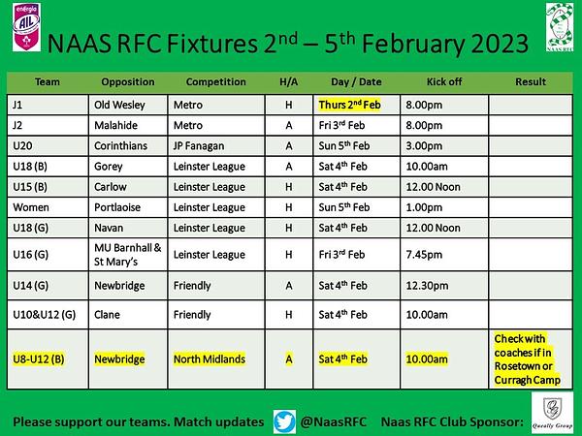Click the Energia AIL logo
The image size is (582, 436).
tap(26, 27)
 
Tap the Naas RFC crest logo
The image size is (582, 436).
tap(560, 27)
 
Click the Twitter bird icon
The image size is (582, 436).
tap(284, 421)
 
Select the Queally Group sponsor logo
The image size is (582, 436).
tap(552, 412)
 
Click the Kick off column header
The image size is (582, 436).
tap(444, 81)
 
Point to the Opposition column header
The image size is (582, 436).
tap(128, 82)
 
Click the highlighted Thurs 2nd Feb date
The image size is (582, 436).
tap(349, 105)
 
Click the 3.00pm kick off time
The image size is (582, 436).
tap(424, 146)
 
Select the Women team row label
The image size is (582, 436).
tap(31, 207)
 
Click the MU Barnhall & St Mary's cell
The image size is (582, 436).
tap(128, 254)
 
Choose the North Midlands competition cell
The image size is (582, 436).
tap(210, 358)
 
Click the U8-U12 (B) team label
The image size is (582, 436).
tap(39, 358)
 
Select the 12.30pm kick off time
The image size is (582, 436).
tap(427, 286)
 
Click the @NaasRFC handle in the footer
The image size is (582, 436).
tap(333, 421)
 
